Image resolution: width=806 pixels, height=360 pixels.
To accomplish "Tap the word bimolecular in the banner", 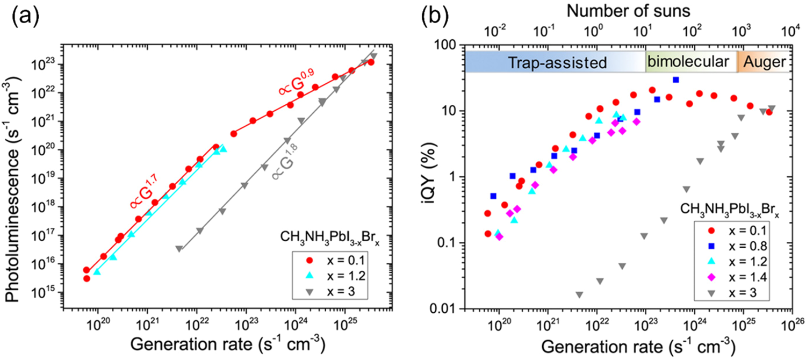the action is (x=688, y=61).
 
